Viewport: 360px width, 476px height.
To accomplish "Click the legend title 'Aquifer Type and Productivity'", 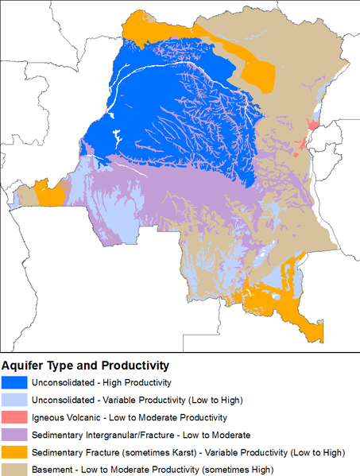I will (x=85, y=366).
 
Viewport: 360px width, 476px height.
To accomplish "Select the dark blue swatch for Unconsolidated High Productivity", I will (x=15, y=383).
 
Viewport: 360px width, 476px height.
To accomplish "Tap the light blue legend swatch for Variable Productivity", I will (x=15, y=400).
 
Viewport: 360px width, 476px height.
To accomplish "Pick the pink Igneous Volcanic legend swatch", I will (x=15, y=417).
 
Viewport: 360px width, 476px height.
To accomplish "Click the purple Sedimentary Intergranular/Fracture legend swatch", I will (x=15, y=435).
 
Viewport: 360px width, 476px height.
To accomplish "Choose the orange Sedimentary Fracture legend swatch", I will (x=15, y=452).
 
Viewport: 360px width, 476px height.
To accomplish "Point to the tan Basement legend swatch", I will (x=15, y=469).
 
